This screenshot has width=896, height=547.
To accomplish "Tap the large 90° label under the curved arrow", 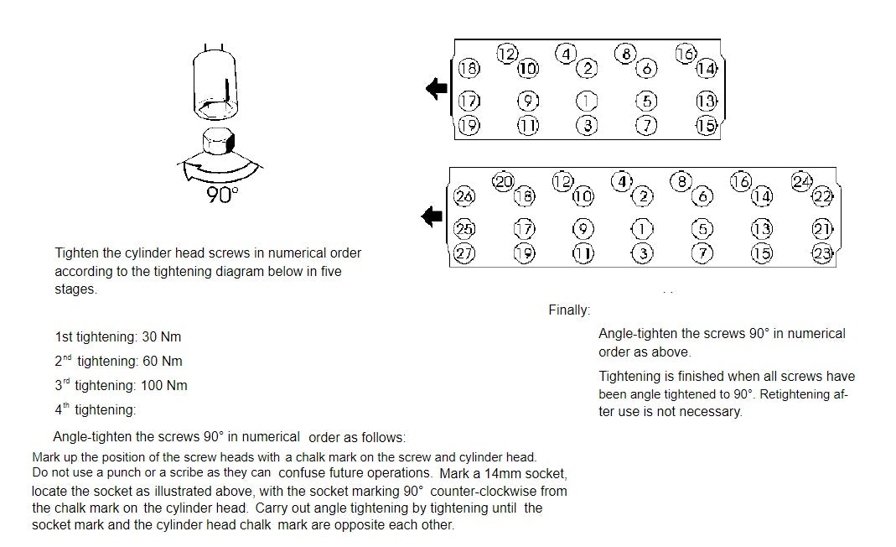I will pos(222,195).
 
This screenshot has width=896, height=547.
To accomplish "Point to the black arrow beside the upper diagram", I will pos(437,88).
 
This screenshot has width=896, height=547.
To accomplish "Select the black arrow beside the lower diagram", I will pos(432,217).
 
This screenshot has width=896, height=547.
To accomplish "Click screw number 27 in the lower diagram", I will pos(464,253).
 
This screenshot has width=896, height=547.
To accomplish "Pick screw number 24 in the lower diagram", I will pos(802,180).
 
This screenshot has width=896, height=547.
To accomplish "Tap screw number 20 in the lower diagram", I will pos(503,180).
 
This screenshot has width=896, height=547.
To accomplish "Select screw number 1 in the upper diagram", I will pos(587,102).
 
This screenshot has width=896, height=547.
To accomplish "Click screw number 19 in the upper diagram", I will pos(469,126).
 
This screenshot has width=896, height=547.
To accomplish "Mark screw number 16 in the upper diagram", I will pos(685,54).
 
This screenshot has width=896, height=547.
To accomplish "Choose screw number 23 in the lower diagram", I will pos(821,253).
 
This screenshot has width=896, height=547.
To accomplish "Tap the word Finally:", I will pos(569,310).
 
